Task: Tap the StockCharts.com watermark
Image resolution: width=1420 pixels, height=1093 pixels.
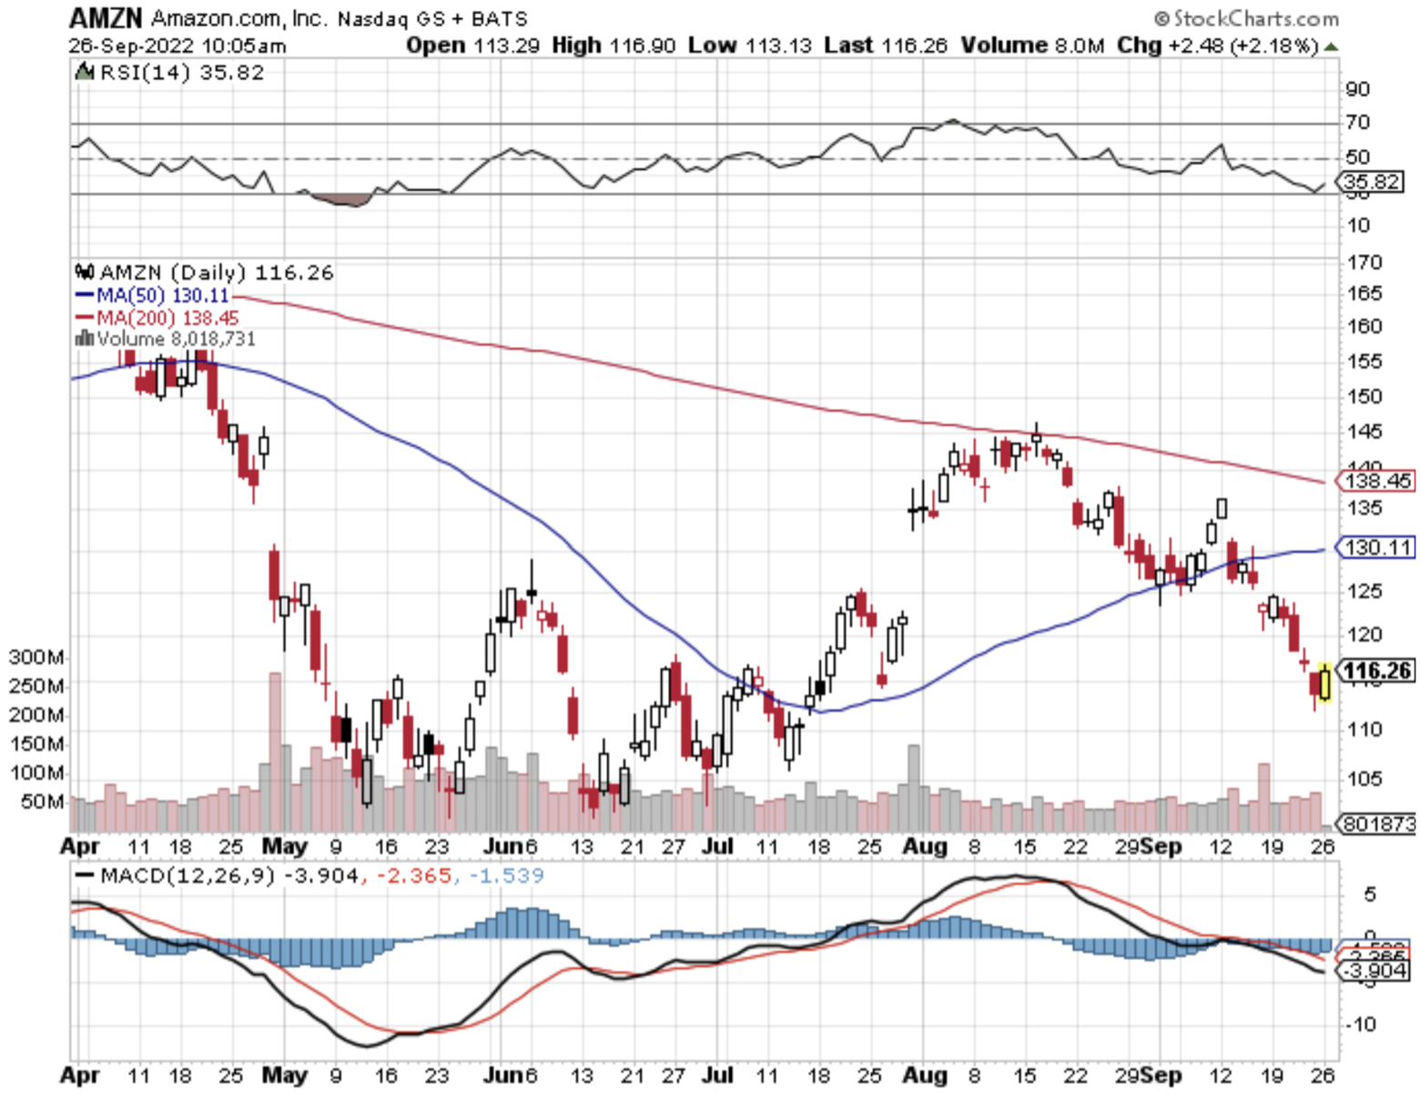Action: [x=1246, y=18]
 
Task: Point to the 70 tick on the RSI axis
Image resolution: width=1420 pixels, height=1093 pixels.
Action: [x=1357, y=122]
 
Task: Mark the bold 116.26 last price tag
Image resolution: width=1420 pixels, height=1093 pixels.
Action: [x=1377, y=671]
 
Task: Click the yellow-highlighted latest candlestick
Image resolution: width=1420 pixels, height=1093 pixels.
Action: [x=1324, y=683]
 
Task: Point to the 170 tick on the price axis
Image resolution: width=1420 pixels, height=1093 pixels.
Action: [x=1364, y=262]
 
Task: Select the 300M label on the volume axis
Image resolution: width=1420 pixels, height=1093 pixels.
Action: [x=36, y=658]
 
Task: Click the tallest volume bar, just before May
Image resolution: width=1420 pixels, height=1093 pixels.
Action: [x=274, y=747]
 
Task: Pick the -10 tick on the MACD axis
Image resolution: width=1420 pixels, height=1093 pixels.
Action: [x=1362, y=1024]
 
